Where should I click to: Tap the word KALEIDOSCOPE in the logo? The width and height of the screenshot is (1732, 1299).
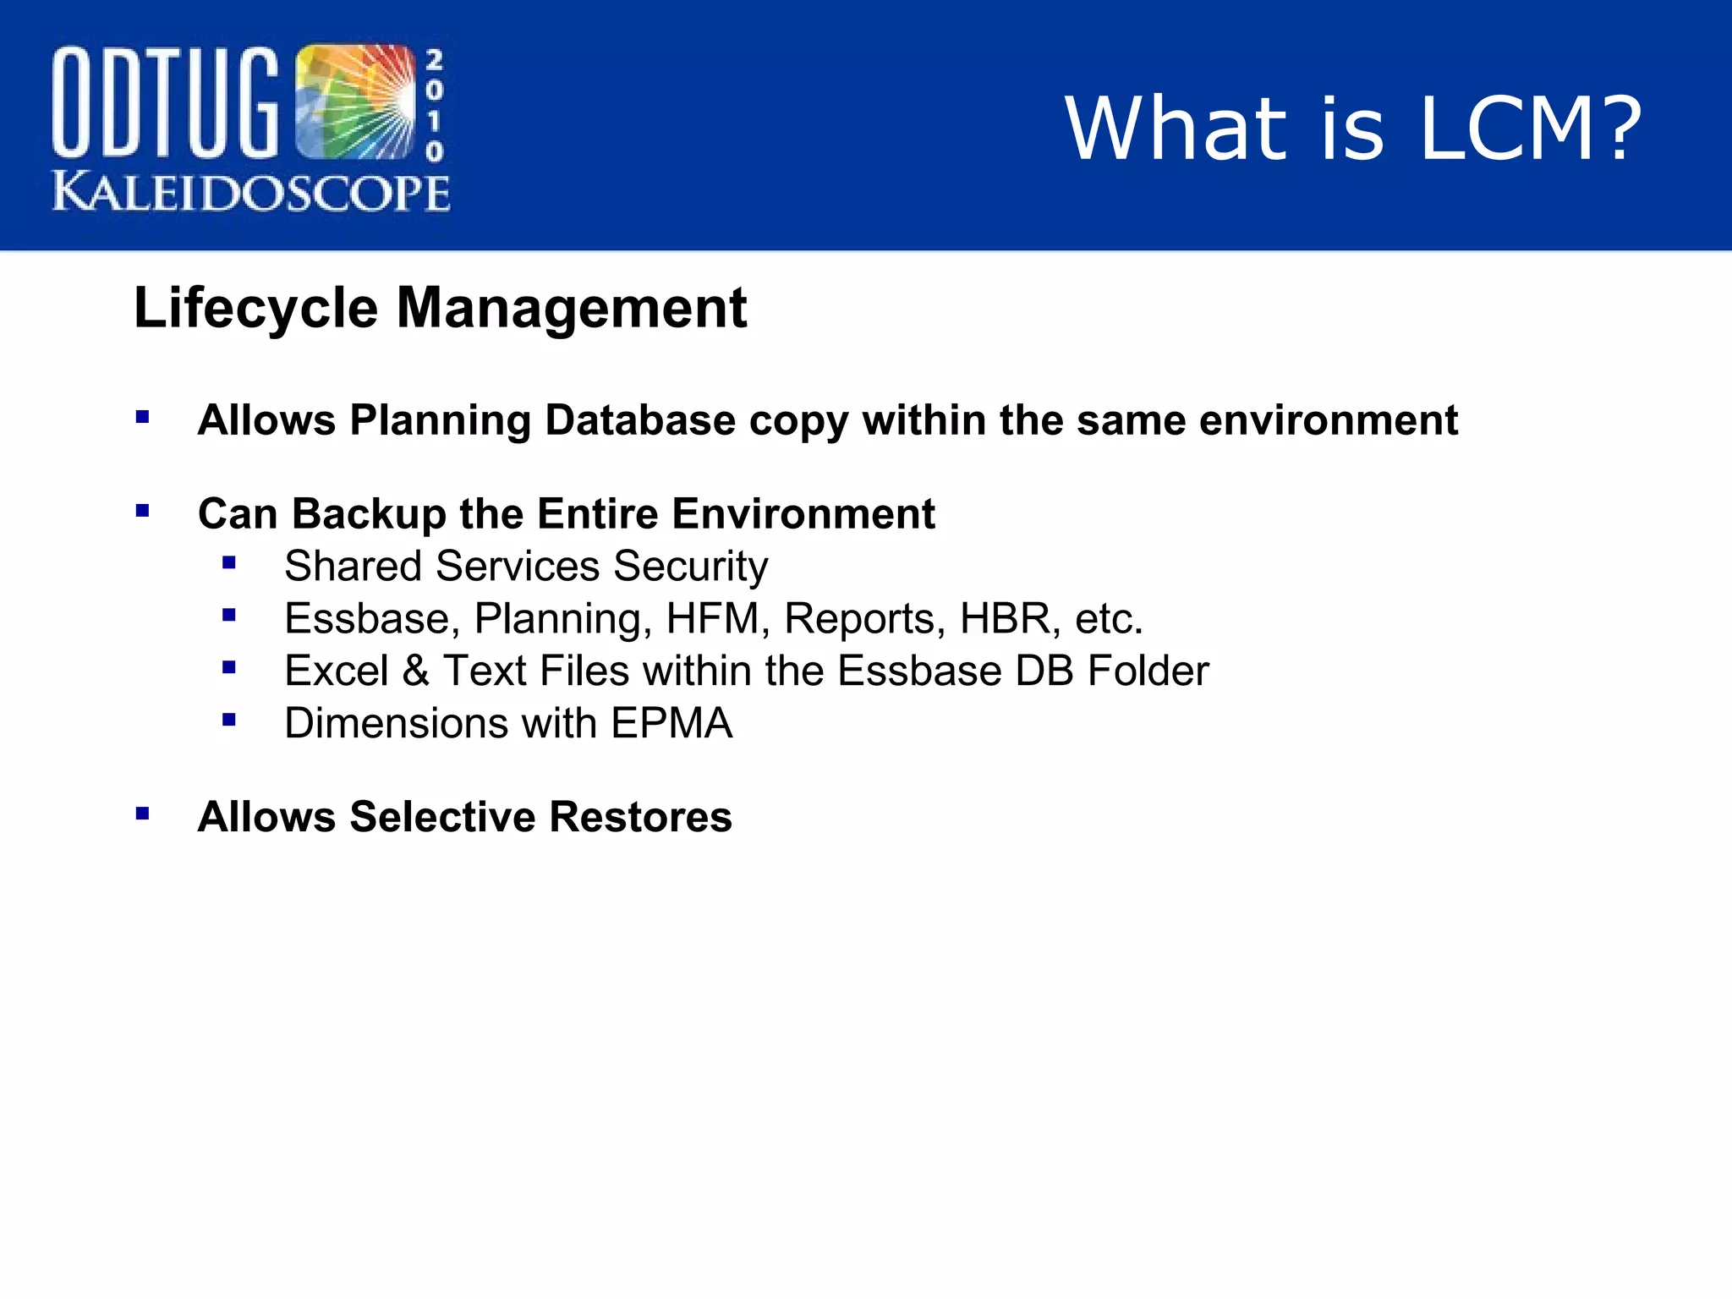(x=251, y=193)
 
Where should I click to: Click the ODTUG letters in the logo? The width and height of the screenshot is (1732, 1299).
(x=165, y=103)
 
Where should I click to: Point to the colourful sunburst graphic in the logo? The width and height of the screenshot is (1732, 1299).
(x=355, y=101)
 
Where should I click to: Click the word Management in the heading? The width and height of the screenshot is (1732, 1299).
(x=572, y=308)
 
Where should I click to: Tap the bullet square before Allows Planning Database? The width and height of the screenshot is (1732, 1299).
(x=142, y=417)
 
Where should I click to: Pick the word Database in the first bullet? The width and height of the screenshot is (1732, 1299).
(x=640, y=420)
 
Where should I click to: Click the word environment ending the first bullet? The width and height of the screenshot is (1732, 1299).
(x=1329, y=420)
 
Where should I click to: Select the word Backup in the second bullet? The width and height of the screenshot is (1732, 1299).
(x=369, y=513)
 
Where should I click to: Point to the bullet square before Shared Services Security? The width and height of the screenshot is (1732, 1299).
(x=228, y=562)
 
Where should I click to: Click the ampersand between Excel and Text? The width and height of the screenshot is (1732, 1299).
(x=415, y=671)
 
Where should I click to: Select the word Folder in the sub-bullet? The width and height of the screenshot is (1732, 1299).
(x=1148, y=671)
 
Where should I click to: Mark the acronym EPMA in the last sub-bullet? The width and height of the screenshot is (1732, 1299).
(x=671, y=723)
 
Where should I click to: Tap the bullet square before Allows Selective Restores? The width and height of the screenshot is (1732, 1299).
(x=142, y=814)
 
